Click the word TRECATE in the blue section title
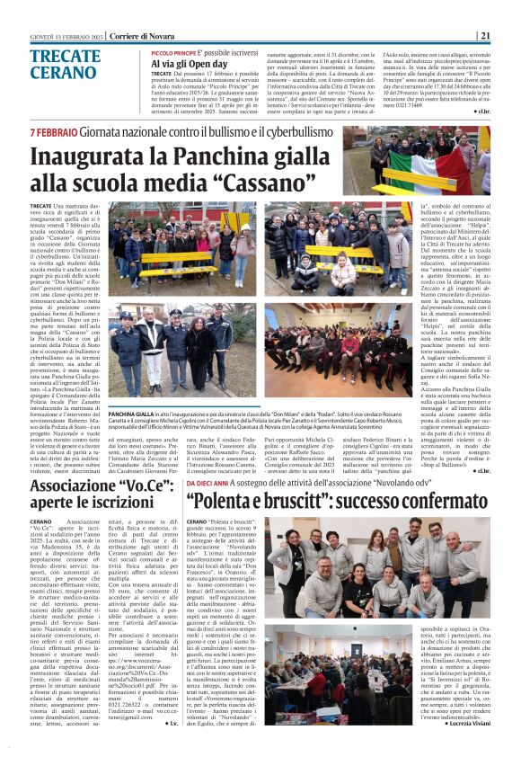[x=64, y=57]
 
